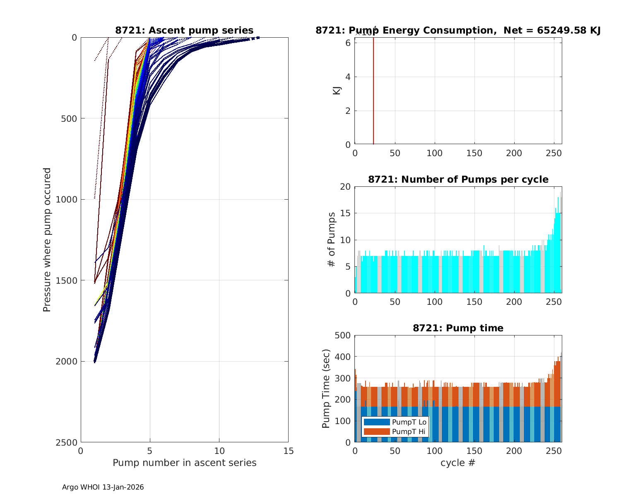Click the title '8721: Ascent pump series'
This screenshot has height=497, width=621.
(x=184, y=30)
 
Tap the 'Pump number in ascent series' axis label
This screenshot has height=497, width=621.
(x=184, y=463)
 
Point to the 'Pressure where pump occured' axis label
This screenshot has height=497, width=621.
(x=47, y=240)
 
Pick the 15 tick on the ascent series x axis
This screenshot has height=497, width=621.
(x=289, y=451)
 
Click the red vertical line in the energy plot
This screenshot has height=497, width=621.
(x=373, y=91)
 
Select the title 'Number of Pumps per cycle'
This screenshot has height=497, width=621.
(x=458, y=179)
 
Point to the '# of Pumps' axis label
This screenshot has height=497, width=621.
(x=331, y=239)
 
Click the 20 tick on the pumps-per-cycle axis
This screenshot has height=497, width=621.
(x=346, y=187)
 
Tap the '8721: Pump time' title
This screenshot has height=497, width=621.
(x=458, y=328)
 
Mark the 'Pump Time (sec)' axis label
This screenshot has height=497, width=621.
(x=326, y=388)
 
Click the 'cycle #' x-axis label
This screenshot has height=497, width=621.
(x=458, y=463)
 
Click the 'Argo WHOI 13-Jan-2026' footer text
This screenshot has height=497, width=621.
(x=103, y=487)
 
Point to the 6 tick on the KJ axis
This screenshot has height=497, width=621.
(x=349, y=43)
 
